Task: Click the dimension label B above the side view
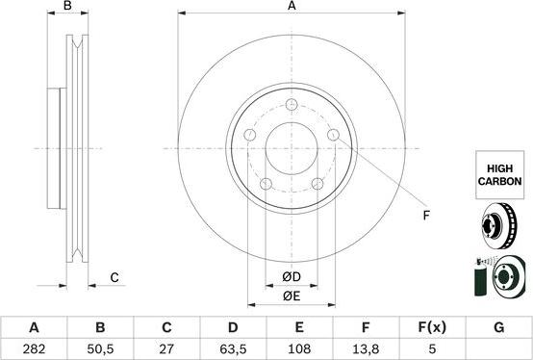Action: [67, 7]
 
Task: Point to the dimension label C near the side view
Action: [114, 278]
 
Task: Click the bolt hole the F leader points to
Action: [333, 136]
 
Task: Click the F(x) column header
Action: [432, 327]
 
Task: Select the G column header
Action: [498, 327]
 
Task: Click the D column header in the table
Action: [232, 327]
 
